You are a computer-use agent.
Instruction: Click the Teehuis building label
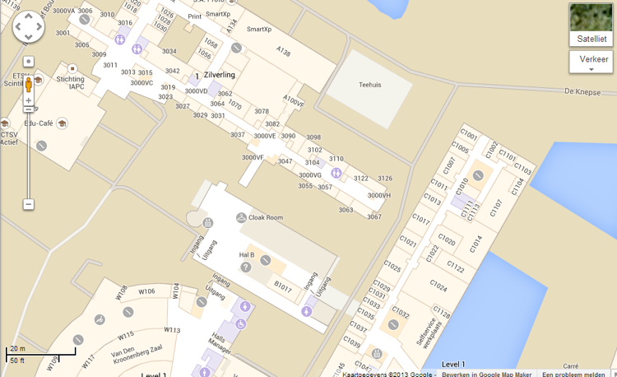pyautogui.click(x=371, y=85)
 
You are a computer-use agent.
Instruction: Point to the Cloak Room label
pyautogui.click(x=265, y=217)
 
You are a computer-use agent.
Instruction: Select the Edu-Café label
pyautogui.click(x=39, y=123)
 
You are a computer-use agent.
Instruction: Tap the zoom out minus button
pyautogui.click(x=29, y=204)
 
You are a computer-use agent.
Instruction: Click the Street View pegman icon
pyautogui.click(x=29, y=86)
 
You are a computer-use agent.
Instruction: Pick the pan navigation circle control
pyautogui.click(x=28, y=27)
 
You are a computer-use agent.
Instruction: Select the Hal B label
pyautogui.click(x=247, y=254)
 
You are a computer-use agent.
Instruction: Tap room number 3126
pyautogui.click(x=384, y=179)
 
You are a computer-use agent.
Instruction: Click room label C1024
pyautogui.click(x=438, y=287)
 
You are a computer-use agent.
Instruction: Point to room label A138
pyautogui.click(x=284, y=52)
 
